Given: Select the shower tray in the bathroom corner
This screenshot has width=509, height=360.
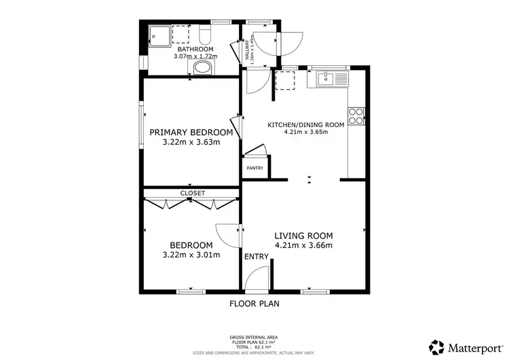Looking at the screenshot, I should [x=159, y=34].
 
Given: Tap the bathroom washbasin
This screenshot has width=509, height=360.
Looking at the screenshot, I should [x=202, y=67].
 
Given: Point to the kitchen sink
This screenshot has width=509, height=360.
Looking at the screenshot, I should [x=328, y=79].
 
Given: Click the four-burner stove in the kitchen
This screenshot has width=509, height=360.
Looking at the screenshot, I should [x=356, y=117].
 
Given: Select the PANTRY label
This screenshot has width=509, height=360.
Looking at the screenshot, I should [x=254, y=167].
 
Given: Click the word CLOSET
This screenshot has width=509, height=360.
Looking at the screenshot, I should [x=191, y=193].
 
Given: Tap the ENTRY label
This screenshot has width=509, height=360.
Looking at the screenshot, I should [x=257, y=257].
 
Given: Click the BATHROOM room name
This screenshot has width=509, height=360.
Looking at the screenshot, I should [x=195, y=50].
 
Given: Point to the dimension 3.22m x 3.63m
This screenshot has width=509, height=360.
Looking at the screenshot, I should [x=191, y=143].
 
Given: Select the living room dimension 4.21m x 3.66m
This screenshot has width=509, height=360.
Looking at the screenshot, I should [x=303, y=245].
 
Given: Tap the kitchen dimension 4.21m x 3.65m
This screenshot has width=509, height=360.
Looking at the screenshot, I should [x=305, y=132].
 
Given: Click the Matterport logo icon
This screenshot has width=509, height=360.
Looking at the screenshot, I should [x=436, y=347].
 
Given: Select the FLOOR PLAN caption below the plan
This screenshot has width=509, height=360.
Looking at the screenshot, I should [x=254, y=304].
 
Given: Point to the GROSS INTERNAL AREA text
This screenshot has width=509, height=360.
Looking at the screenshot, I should [x=254, y=337].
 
